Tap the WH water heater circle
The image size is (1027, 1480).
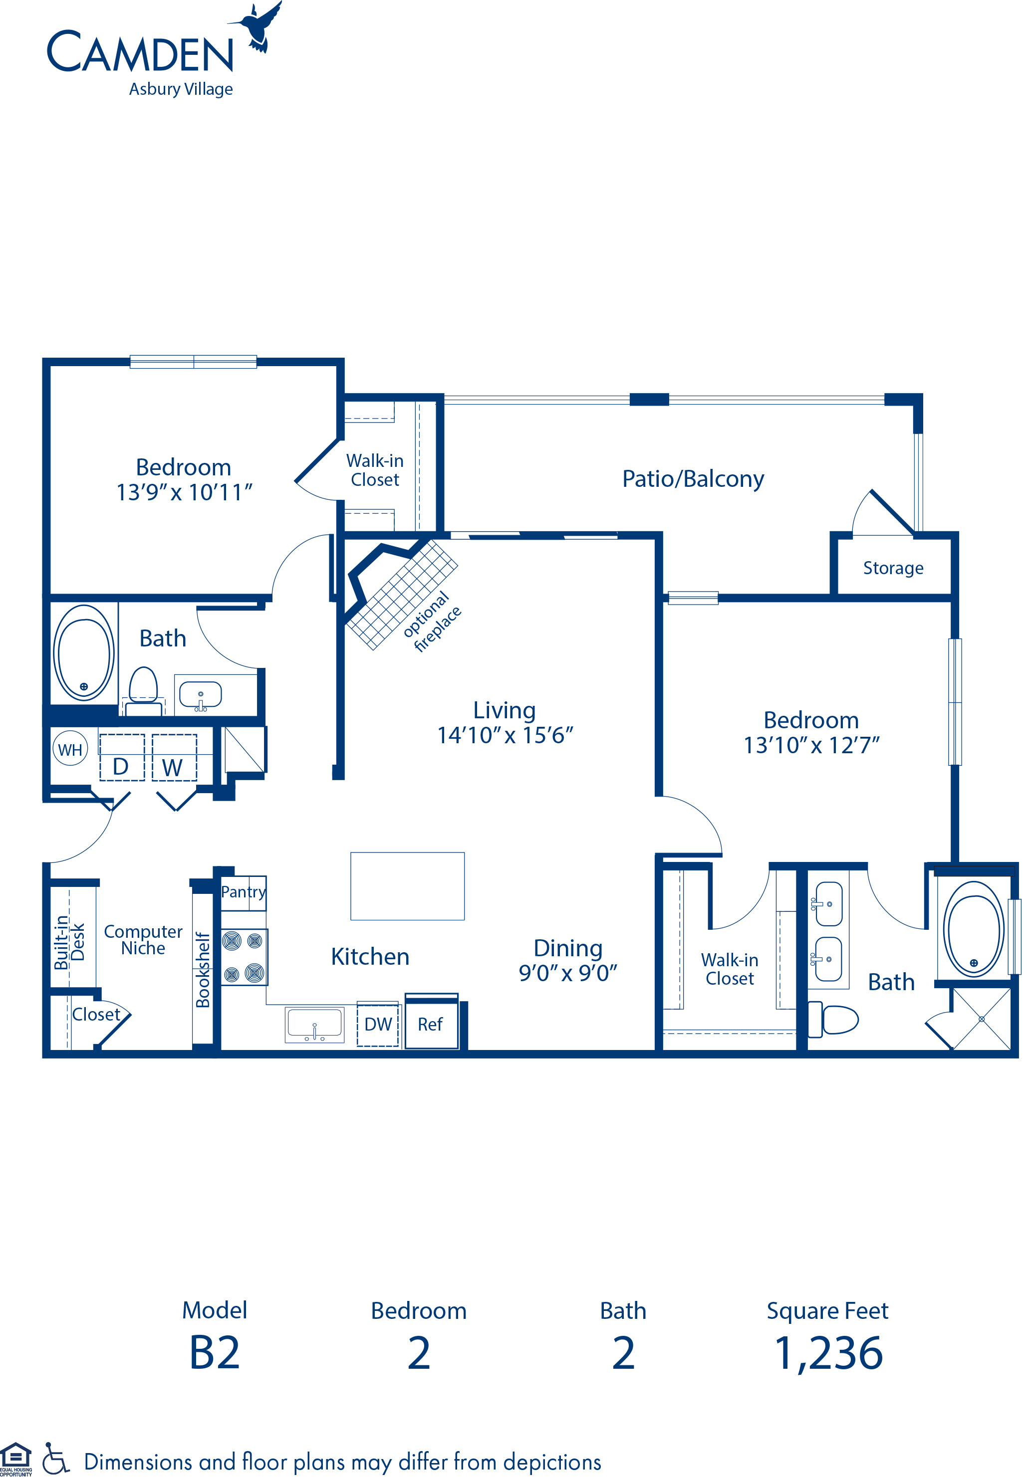coord(70,749)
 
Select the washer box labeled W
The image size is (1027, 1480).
coord(174,758)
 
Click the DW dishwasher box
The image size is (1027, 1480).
coord(378,1023)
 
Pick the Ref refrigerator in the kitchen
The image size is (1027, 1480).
coord(431,1023)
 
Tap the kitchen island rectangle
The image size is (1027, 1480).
coord(407,886)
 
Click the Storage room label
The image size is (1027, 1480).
coord(892,568)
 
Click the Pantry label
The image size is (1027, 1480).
coord(243,891)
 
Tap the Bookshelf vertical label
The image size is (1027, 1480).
coord(203,969)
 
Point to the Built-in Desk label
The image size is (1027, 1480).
coord(69,942)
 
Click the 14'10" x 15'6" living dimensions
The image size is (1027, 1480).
coord(505,735)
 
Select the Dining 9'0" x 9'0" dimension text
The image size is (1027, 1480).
coord(567,973)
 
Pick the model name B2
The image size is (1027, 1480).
coord(214,1353)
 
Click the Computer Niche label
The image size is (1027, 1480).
coord(143,940)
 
